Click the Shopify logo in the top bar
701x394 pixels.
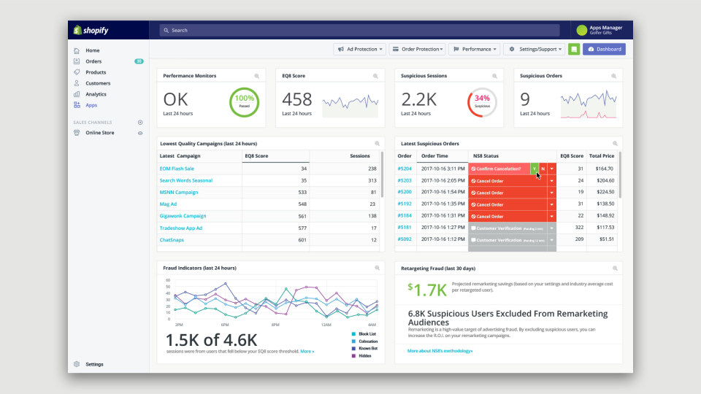[90, 30]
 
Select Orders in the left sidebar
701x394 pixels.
[93, 61]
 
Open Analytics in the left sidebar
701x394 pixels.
[96, 94]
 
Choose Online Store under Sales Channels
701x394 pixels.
[99, 133]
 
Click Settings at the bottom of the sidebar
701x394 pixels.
[94, 364]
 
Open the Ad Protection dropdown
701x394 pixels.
[359, 49]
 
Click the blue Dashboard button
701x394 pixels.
[604, 49]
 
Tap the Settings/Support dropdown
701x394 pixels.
[535, 49]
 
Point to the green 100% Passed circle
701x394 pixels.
[245, 102]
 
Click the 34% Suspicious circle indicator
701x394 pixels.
[482, 102]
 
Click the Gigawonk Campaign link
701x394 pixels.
[183, 216]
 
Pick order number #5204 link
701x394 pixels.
[405, 169]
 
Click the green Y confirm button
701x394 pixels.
[535, 169]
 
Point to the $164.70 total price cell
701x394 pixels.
[602, 169]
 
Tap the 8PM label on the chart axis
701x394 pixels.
[275, 324]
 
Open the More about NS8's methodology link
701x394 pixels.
[440, 351]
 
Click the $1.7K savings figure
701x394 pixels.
[428, 290]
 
